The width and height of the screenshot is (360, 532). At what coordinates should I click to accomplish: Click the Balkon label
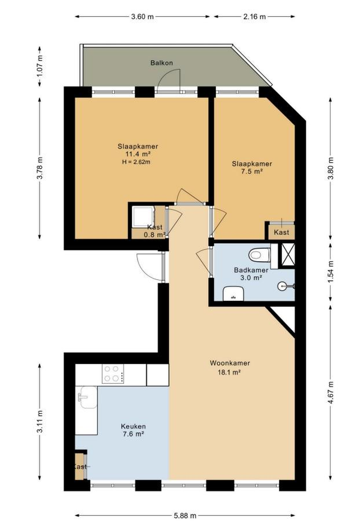161,63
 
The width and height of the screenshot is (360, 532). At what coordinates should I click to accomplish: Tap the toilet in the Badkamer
260,255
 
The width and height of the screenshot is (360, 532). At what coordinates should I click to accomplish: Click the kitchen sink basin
86,397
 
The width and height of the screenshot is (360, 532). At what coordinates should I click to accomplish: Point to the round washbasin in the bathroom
283,286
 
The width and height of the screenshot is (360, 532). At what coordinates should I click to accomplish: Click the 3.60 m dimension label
142,16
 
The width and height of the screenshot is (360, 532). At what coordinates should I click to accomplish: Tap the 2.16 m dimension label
254,16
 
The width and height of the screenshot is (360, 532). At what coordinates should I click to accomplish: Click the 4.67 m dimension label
331,392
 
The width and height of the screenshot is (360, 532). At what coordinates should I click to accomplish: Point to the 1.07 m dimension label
40,66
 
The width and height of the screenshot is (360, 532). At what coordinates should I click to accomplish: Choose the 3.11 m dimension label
40,422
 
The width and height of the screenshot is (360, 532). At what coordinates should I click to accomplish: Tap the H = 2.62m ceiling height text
136,162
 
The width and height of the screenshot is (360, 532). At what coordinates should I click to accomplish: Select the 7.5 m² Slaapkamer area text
252,172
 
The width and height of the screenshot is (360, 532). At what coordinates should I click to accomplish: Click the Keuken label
133,426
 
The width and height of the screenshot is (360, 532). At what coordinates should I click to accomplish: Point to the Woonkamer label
230,363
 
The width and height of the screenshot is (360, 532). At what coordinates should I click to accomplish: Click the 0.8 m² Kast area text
155,234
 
